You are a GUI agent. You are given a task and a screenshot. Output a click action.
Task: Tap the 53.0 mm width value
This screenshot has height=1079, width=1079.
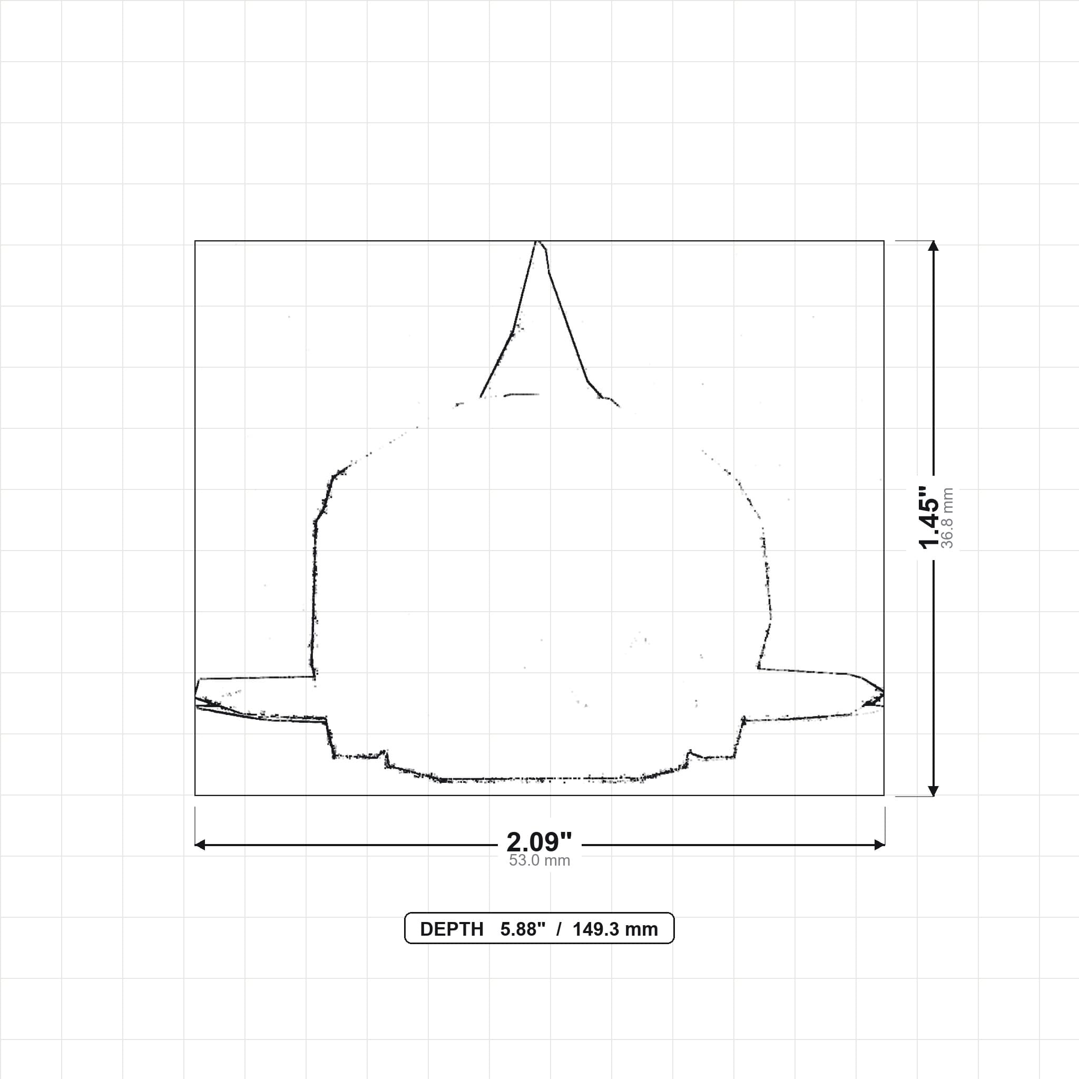point(539,861)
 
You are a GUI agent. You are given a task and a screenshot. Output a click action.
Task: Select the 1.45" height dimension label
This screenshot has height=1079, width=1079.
point(929,518)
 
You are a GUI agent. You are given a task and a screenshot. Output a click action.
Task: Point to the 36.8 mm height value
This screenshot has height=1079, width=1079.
point(947,518)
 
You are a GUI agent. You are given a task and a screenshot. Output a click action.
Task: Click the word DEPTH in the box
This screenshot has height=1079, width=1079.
point(452,929)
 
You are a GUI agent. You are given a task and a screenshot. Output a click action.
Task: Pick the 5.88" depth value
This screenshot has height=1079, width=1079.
point(522,929)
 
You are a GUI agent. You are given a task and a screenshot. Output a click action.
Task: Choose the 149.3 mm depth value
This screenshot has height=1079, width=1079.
point(615,929)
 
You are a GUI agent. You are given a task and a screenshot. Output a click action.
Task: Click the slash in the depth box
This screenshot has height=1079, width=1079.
point(558,929)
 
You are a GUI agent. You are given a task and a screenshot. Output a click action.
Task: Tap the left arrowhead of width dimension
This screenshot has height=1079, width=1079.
point(200,845)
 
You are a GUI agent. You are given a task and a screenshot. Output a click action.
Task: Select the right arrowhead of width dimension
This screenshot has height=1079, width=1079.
point(879,845)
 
